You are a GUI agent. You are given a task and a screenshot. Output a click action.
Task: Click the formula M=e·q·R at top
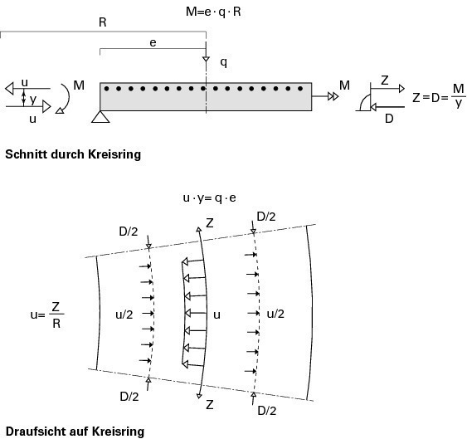[213, 12]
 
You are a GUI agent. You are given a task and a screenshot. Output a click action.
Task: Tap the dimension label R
[103, 22]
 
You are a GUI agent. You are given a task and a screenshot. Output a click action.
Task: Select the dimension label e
[153, 43]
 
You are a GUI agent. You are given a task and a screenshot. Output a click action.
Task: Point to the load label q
[223, 62]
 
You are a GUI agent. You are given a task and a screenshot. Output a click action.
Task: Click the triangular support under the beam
[100, 116]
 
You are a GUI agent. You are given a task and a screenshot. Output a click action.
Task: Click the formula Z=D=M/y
[439, 96]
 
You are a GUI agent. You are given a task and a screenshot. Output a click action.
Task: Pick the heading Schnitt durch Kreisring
[73, 154]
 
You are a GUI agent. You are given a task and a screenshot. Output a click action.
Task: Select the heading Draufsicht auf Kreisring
[75, 432]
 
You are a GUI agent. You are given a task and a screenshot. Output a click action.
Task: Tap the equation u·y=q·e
[209, 198]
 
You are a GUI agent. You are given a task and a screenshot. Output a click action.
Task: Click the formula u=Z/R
[47, 315]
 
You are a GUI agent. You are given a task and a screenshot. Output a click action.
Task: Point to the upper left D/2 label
[129, 232]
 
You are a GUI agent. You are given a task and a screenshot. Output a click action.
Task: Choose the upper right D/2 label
[266, 217]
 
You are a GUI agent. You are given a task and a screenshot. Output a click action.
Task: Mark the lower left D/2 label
[129, 397]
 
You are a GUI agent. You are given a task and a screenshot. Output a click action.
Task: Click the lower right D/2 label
[267, 411]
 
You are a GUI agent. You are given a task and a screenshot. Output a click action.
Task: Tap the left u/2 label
[124, 315]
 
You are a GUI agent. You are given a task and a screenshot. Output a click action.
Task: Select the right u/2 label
[275, 314]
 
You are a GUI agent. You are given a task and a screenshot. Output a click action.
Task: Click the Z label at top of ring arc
[210, 223]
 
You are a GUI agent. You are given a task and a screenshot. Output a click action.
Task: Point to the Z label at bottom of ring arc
[210, 405]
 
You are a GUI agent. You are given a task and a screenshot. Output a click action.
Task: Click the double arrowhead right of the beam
[333, 96]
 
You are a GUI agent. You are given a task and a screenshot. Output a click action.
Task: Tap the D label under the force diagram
[389, 119]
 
